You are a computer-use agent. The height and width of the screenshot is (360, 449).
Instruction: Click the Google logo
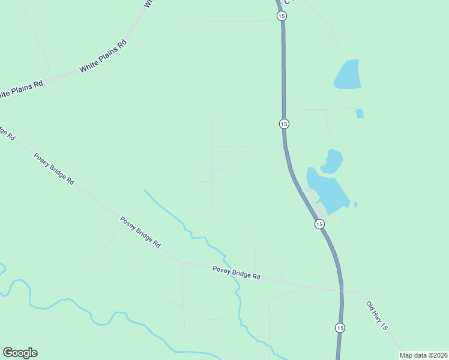click(20, 353)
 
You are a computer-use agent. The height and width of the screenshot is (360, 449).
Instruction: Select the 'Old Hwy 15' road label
click(378, 315)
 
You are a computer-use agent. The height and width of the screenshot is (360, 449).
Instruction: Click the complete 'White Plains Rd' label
click(103, 56)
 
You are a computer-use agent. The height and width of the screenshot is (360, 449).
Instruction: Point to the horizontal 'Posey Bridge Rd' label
click(237, 273)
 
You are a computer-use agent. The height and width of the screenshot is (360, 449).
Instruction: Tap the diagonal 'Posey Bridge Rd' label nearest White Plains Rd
click(53, 169)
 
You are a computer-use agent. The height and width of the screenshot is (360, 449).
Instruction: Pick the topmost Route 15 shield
click(282, 16)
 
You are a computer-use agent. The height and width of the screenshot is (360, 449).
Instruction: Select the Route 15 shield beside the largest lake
click(319, 224)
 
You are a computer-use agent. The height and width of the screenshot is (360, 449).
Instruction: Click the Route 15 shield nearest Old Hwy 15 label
click(340, 328)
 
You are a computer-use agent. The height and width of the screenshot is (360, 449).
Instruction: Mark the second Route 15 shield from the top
click(284, 124)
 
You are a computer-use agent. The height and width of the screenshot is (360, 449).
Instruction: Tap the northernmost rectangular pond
click(348, 74)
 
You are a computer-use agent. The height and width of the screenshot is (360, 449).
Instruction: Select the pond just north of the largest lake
click(332, 161)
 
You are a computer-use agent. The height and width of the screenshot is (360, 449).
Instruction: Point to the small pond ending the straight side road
click(360, 113)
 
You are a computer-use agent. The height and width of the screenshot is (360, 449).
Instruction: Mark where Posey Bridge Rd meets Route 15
click(341, 291)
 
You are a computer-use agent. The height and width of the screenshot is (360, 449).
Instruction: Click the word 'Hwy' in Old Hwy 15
click(377, 314)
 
